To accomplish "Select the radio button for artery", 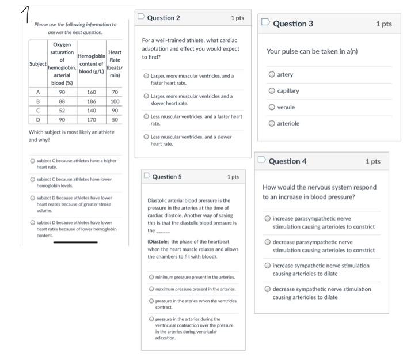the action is [272, 74].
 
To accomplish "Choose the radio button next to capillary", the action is [272, 91].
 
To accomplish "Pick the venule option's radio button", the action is [272, 107].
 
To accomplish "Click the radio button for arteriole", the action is [272, 123].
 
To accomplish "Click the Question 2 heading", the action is [164, 18].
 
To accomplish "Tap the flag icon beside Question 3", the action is [265, 22].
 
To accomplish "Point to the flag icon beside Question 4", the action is [261, 160].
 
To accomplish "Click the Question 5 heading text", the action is [167, 177].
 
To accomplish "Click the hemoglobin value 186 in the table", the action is [91, 101].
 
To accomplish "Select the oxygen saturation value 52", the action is [62, 111].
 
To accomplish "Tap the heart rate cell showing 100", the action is [115, 101].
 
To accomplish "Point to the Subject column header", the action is [38, 63].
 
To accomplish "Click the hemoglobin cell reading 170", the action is [91, 120].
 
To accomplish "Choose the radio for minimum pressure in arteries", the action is [151, 277].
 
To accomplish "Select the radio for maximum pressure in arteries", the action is [151, 289].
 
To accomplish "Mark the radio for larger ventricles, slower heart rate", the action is [146, 96].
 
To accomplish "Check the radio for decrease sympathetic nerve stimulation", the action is [268, 289].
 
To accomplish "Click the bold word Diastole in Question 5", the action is [158, 242].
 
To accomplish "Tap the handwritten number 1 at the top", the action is [26, 14].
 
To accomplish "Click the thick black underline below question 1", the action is [75, 242].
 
